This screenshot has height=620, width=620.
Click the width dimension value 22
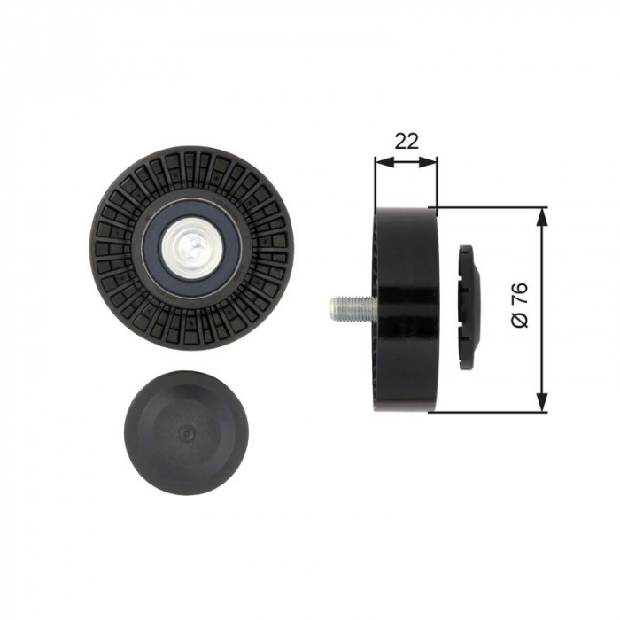407,141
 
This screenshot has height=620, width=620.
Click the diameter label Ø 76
520,305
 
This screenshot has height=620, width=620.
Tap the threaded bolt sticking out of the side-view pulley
352,308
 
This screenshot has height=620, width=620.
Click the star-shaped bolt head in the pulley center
190,249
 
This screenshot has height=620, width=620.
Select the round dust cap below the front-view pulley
186,434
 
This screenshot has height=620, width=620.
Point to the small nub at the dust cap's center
186,433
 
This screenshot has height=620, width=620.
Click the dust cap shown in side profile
469,308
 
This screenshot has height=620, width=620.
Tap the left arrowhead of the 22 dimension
384,161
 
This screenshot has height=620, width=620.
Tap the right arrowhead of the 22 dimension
428,161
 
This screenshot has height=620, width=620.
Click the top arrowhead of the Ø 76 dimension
542,218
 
